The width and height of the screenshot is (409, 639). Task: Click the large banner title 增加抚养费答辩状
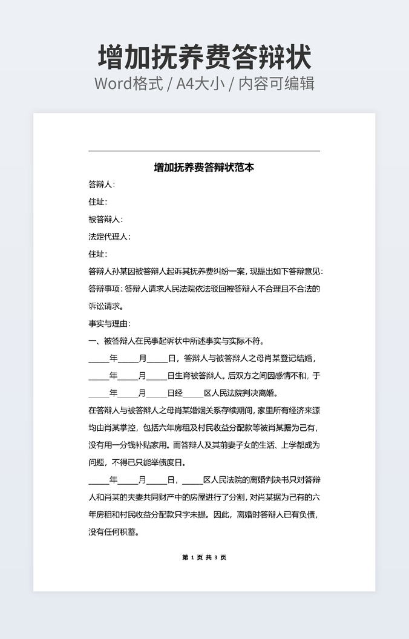point(204,57)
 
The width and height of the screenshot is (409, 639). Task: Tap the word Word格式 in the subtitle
point(128,84)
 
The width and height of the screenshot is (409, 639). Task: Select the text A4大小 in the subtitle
point(200,84)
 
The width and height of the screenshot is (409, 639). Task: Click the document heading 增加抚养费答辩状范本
point(204,167)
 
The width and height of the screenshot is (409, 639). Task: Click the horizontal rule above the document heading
point(204,151)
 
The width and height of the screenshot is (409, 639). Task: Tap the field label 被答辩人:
point(106,219)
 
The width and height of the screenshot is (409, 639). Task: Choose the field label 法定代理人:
point(110,237)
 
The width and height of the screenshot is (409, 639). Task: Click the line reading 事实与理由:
point(110,324)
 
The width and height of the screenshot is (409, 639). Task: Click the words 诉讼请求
point(101,306)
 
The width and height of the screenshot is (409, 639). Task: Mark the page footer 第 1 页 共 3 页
point(204,557)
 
